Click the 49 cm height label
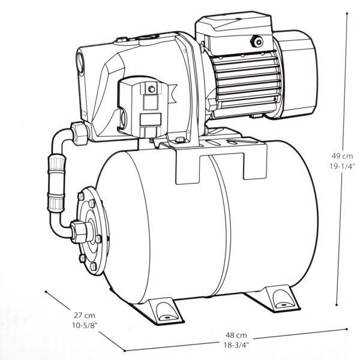pos(342,156)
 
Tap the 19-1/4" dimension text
pos(342,166)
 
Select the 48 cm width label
pos(236,335)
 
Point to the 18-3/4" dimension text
pos(236,345)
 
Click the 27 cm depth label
pos(84,315)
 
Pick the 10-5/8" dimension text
pos(85,325)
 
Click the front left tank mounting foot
pos(158,310)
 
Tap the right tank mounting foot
pos(273,298)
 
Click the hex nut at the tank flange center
pos(79,232)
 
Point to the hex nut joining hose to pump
pos(79,134)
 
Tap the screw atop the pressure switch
pos(151,89)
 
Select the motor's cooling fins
pos(245,82)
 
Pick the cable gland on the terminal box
pos(257,42)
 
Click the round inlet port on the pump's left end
pos(81,62)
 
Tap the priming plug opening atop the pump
pos(148,38)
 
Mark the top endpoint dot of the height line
pos(347,14)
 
